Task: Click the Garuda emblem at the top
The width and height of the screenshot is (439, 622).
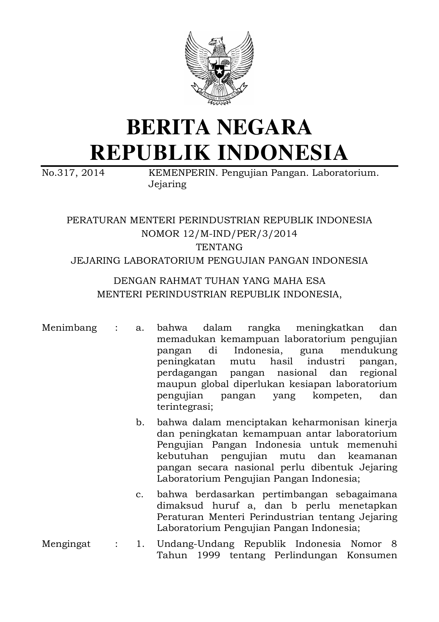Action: [219, 68]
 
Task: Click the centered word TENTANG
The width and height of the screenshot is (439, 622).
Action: [219, 247]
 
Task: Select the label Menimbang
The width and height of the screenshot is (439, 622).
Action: [69, 327]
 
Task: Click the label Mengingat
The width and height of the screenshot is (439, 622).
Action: [66, 544]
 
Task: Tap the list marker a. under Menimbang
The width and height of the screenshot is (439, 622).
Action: [140, 328]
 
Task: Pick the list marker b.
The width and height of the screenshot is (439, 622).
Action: [140, 422]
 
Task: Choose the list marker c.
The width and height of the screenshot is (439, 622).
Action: [140, 494]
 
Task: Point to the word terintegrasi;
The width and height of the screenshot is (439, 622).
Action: [185, 407]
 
